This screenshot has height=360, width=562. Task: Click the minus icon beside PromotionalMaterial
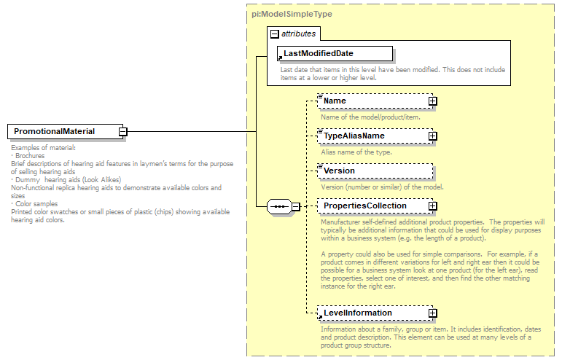[123, 132]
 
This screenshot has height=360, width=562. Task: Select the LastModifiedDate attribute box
[335, 53]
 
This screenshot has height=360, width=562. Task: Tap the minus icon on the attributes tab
[274, 34]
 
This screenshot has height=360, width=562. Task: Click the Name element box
[372, 101]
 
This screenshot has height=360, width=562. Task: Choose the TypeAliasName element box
[372, 136]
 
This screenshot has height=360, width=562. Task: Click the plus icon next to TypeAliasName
[432, 136]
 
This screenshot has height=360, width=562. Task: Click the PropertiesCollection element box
[372, 206]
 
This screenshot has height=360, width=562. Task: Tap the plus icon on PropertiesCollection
[432, 206]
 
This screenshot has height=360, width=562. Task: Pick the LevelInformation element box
[372, 313]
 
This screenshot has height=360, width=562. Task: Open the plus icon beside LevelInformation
[432, 313]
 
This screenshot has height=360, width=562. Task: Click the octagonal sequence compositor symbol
[279, 207]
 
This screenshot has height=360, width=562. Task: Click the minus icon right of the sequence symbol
[296, 207]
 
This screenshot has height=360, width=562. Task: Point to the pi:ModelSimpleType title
[281, 14]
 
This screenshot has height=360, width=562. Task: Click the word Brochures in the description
[30, 156]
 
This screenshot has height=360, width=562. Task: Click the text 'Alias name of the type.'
[356, 152]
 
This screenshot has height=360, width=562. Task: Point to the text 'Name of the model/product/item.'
[371, 117]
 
